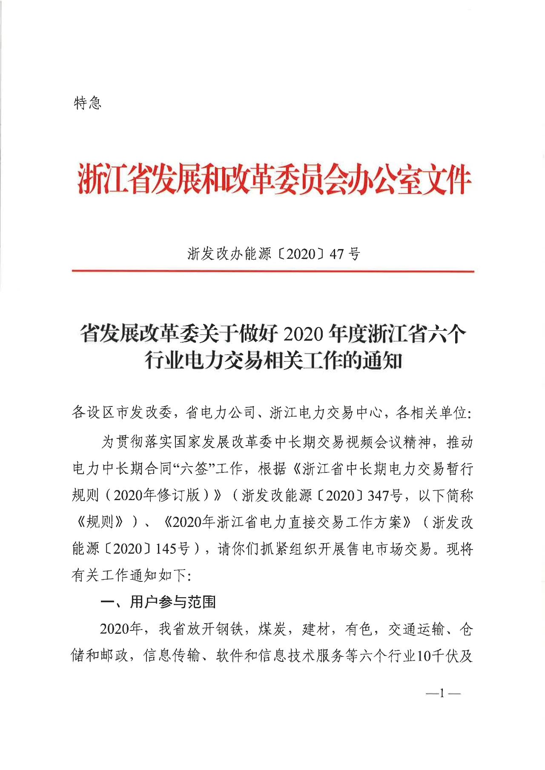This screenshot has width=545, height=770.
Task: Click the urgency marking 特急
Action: click(x=88, y=103)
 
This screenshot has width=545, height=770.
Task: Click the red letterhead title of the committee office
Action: click(x=274, y=179)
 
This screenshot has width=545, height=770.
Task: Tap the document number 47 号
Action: click(x=345, y=254)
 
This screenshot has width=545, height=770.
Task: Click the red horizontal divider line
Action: click(x=272, y=271)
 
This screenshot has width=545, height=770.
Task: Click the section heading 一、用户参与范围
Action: click(x=158, y=602)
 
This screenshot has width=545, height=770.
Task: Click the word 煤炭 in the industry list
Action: click(x=272, y=629)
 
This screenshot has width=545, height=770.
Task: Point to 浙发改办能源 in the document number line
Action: click(x=229, y=254)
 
